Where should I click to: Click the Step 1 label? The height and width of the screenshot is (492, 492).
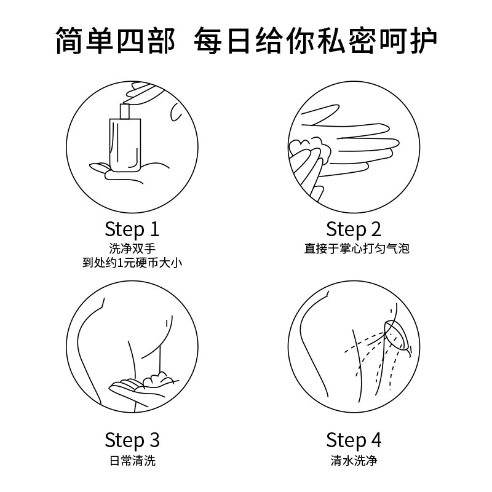tap(132, 229)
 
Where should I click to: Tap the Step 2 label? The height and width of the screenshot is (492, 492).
tap(354, 229)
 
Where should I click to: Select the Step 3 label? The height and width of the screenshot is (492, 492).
tap(132, 440)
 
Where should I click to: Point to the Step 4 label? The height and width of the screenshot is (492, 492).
tap(354, 440)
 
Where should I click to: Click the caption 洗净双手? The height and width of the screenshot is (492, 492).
tap(132, 248)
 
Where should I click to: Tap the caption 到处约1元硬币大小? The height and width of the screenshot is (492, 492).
tap(132, 263)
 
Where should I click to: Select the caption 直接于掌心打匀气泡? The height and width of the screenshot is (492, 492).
tap(357, 248)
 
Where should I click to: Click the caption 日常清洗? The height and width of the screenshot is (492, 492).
tap(132, 461)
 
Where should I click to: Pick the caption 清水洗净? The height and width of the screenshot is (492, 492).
tap(354, 461)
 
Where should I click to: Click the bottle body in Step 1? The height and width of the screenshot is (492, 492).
tap(125, 145)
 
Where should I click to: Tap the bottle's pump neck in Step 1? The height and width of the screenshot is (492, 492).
tap(125, 111)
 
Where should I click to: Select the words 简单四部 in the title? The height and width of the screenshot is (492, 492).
tap(115, 41)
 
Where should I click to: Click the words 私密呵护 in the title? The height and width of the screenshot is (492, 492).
tap(377, 41)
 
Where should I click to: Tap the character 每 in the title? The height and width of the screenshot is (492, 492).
tap(208, 41)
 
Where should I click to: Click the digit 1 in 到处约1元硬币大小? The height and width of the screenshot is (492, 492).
tap(119, 263)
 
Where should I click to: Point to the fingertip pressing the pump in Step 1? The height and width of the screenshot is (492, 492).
tap(128, 100)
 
